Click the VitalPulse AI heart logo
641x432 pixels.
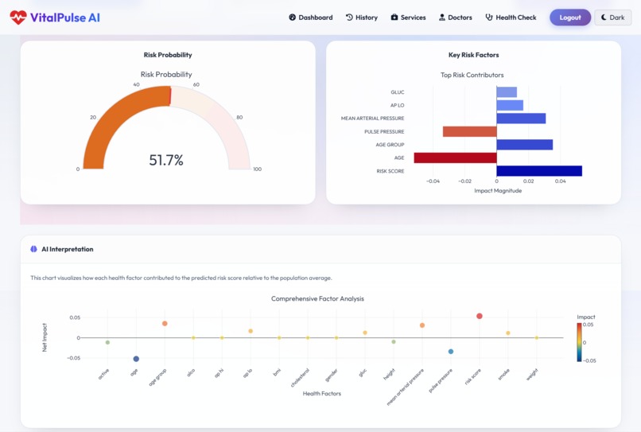point(17,18)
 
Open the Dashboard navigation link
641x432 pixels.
point(311,18)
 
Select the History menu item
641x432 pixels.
point(362,18)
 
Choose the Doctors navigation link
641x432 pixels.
point(455,18)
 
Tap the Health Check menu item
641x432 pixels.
point(511,18)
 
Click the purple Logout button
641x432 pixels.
point(569,18)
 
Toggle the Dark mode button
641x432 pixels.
point(612,18)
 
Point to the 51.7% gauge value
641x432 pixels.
point(166,160)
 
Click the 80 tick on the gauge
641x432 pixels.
point(239,118)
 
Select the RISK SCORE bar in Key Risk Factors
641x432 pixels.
point(538,171)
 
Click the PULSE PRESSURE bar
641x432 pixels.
point(469,131)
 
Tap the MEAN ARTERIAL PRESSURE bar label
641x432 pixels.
point(372,119)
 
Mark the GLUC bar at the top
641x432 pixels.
point(507,92)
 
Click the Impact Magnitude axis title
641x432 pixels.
point(498,191)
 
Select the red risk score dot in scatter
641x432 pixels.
point(480,316)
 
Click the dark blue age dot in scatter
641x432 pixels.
point(136,359)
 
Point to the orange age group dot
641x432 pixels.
point(165,324)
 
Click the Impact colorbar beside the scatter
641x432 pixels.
point(580,342)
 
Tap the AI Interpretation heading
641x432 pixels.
point(67,249)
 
